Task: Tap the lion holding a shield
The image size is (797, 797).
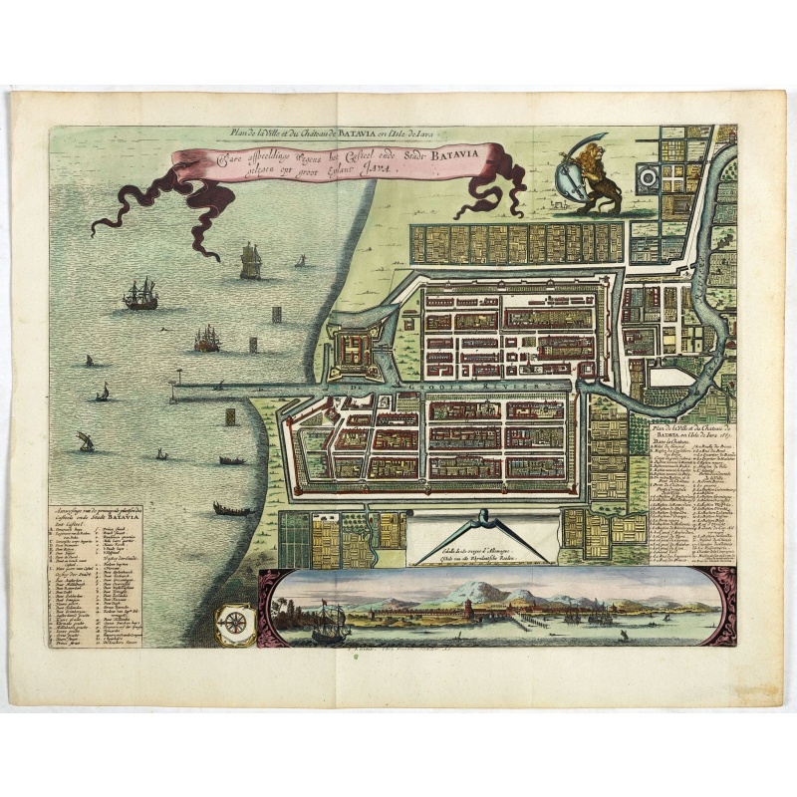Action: click(595, 179)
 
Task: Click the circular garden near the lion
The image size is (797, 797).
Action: click(646, 176)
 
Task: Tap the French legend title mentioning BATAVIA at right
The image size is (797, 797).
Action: click(693, 429)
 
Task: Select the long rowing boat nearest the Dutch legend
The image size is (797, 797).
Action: click(231, 510)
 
